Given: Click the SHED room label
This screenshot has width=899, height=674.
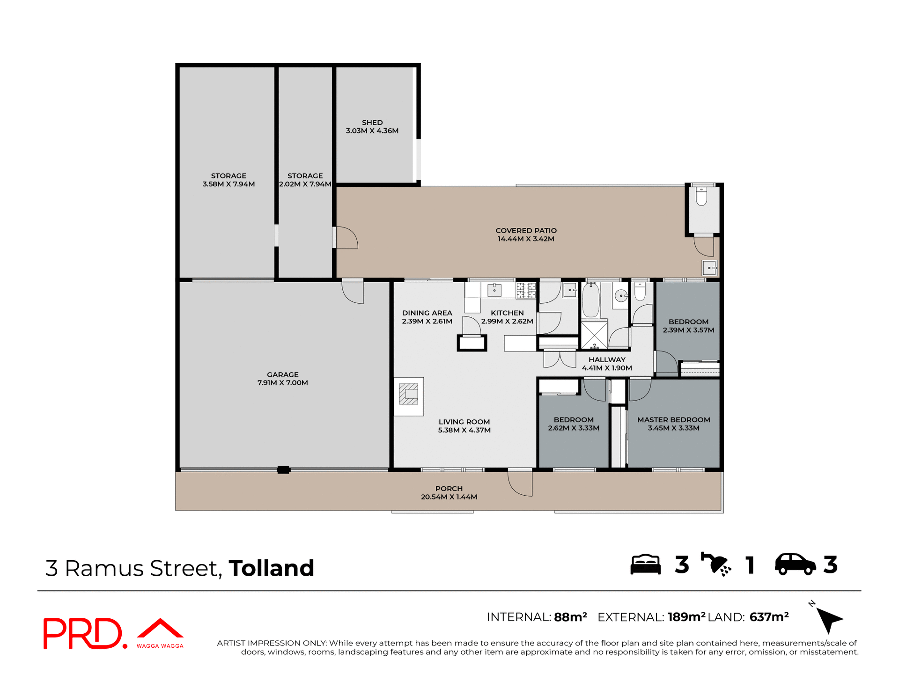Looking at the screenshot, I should (x=372, y=123).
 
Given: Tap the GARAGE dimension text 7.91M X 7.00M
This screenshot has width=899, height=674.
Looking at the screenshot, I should (x=282, y=383).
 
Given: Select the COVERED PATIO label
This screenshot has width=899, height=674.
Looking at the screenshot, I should (x=526, y=231).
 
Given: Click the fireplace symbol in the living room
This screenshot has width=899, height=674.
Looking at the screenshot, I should (x=408, y=394).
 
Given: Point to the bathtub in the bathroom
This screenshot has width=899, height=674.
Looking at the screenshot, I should (x=591, y=300).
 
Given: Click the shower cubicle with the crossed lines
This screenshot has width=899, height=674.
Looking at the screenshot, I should (x=594, y=335).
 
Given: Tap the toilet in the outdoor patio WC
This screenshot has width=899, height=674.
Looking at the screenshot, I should (x=701, y=196).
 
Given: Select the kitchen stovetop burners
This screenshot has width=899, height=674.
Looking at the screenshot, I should (x=526, y=291).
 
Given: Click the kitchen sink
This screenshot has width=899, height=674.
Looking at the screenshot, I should (x=494, y=290).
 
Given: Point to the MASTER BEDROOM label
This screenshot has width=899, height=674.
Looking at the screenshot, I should (x=673, y=420).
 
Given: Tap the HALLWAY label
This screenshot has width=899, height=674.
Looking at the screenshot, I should (x=607, y=360).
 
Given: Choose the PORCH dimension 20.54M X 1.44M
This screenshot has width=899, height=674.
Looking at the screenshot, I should (x=449, y=497).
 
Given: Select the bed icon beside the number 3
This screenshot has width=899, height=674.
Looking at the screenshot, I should (x=645, y=564).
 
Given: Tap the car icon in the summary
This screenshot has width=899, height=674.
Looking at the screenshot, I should (x=795, y=564).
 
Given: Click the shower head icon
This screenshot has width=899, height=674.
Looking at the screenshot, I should (x=715, y=564).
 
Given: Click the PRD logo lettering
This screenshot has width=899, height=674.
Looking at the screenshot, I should (x=83, y=633).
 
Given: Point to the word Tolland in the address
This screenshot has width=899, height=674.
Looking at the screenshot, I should (x=271, y=568).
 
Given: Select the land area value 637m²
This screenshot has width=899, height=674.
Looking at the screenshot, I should (x=769, y=617).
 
